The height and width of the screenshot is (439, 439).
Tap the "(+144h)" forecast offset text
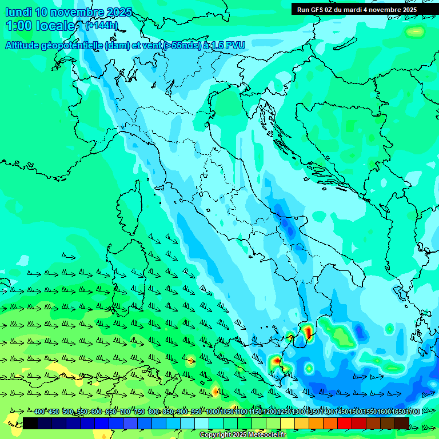[101, 26]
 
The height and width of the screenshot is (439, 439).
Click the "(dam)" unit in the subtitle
[118, 46]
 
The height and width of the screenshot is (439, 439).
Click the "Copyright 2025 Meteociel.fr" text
[243, 435]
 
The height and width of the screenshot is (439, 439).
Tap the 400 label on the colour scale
[39, 412]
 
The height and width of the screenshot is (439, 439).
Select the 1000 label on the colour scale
[213, 412]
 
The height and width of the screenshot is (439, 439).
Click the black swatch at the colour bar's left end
[30, 423]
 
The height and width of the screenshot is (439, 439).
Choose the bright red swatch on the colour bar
[345, 423]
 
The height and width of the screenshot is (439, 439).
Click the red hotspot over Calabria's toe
[308, 332]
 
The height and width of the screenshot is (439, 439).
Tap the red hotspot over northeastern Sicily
[276, 361]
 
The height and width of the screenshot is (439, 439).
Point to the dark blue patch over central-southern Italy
[290, 226]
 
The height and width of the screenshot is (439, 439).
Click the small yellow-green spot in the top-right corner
[416, 31]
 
